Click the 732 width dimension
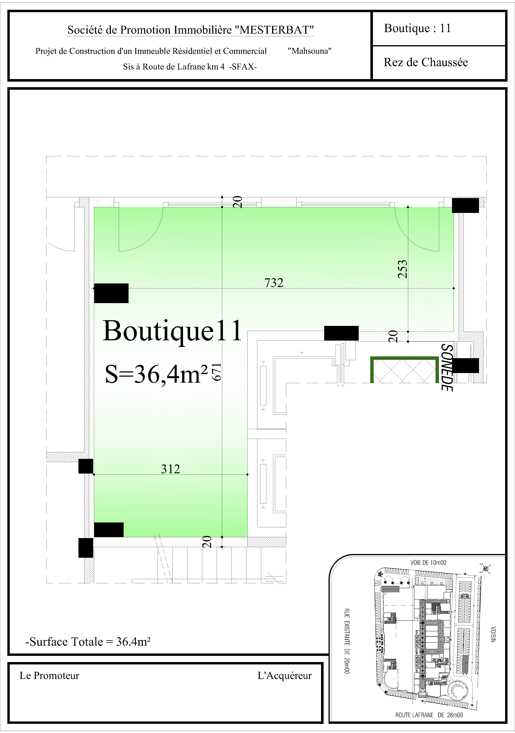pyautogui.click(x=274, y=283)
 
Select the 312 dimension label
pyautogui.click(x=170, y=469)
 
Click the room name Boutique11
pyautogui.click(x=172, y=331)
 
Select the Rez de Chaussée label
pyautogui.click(x=426, y=62)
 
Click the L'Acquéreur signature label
pyautogui.click(x=285, y=676)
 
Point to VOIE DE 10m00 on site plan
pyautogui.click(x=428, y=563)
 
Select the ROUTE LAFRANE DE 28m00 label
pyautogui.click(x=429, y=715)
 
